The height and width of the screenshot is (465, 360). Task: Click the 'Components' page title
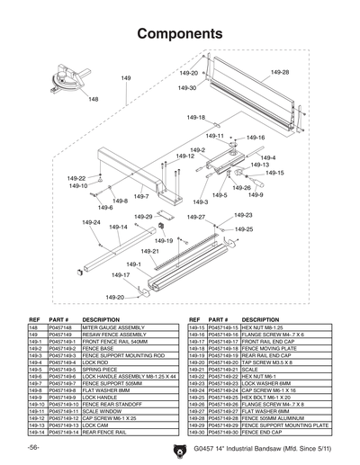pyautogui.click(x=179, y=34)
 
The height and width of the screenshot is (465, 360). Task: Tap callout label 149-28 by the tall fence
pyautogui.click(x=279, y=72)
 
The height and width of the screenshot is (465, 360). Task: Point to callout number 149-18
pyautogui.click(x=195, y=118)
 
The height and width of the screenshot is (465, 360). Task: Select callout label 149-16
pyautogui.click(x=255, y=138)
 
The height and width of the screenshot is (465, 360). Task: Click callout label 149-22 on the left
pyautogui.click(x=76, y=178)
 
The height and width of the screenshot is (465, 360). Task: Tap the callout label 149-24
pyautogui.click(x=91, y=222)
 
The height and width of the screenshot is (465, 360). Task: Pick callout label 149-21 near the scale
pyautogui.click(x=149, y=251)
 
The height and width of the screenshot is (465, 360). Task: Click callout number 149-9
pyautogui.click(x=255, y=194)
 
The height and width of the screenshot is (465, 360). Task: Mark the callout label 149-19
pyautogui.click(x=164, y=241)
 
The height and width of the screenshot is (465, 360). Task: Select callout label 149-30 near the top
pyautogui.click(x=187, y=88)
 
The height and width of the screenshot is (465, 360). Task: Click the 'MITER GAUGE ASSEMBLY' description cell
pyautogui.click(x=112, y=328)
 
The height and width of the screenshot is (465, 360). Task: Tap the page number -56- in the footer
pyautogui.click(x=32, y=447)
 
